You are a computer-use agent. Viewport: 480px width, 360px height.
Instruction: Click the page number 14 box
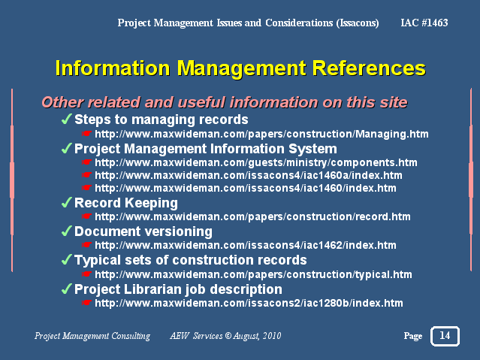click(445, 336)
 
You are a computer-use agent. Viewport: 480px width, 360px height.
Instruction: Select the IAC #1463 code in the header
click(424, 23)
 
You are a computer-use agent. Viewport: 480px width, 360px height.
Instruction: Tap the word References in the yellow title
click(369, 68)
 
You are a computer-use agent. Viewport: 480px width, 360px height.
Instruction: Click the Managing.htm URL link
click(261, 134)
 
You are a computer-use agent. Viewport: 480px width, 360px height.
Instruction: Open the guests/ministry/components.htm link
click(256, 162)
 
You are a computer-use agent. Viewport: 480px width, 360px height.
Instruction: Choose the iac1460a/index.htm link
click(249, 175)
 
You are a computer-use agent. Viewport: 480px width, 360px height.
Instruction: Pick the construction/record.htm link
click(252, 216)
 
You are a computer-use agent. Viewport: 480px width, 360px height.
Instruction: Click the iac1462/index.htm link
click(246, 245)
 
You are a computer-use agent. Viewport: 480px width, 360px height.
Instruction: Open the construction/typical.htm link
click(253, 274)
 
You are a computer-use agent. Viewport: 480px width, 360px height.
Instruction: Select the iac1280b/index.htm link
click(249, 303)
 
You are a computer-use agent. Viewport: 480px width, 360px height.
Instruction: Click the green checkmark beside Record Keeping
click(66, 202)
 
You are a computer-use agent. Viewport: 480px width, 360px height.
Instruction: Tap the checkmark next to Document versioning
click(66, 231)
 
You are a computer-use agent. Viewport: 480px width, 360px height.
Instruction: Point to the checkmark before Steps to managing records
click(66, 119)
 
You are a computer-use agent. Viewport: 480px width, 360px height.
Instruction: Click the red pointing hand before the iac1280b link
click(86, 303)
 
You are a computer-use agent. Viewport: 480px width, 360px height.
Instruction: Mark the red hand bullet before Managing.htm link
click(86, 134)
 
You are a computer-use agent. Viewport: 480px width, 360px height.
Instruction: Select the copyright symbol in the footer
click(228, 336)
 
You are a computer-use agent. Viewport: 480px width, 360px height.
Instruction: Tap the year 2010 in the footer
click(272, 336)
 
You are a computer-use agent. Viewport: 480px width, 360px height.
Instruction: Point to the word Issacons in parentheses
click(358, 23)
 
